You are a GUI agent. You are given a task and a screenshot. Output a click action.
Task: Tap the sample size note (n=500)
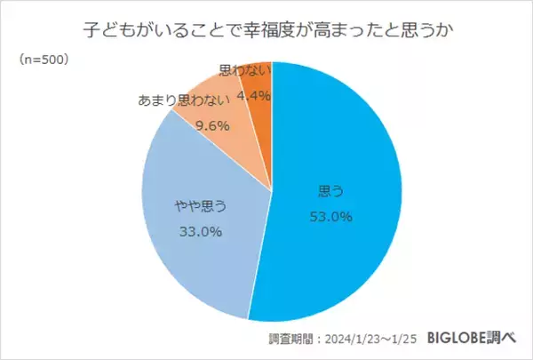43,60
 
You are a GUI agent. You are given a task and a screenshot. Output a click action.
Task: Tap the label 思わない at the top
243,68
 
